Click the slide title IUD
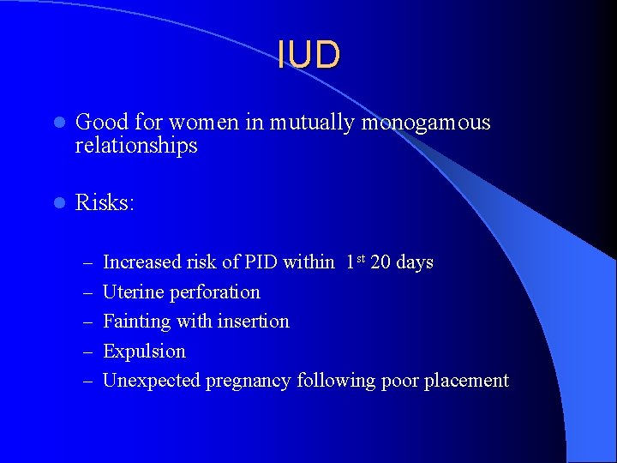(308, 55)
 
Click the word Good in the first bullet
(96, 123)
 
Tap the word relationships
(136, 146)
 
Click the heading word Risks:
(105, 203)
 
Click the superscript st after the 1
(360, 258)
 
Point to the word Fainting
(136, 322)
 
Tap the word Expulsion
(144, 352)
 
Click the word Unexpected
(151, 381)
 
